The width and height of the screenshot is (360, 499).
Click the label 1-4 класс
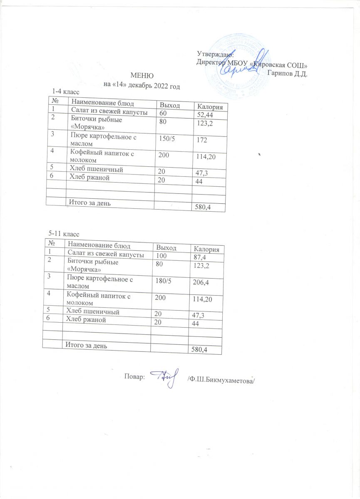coord(65,91)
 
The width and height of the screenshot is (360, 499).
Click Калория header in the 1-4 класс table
coord(209,107)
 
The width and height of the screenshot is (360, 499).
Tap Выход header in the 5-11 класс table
coord(166,248)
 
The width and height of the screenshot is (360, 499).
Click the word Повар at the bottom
coord(134,377)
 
